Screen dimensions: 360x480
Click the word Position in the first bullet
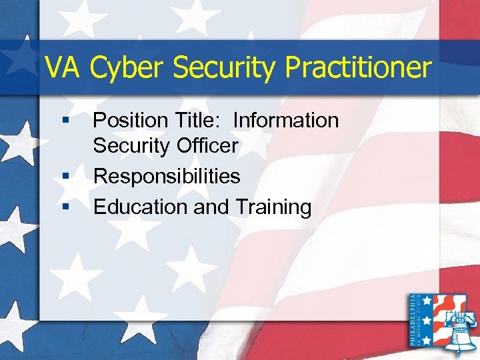[130, 121]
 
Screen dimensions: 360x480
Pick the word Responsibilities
[167, 176]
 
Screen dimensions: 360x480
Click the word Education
[141, 207]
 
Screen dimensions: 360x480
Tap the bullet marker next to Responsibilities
[65, 177]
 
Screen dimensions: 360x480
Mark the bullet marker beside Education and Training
[65, 207]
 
